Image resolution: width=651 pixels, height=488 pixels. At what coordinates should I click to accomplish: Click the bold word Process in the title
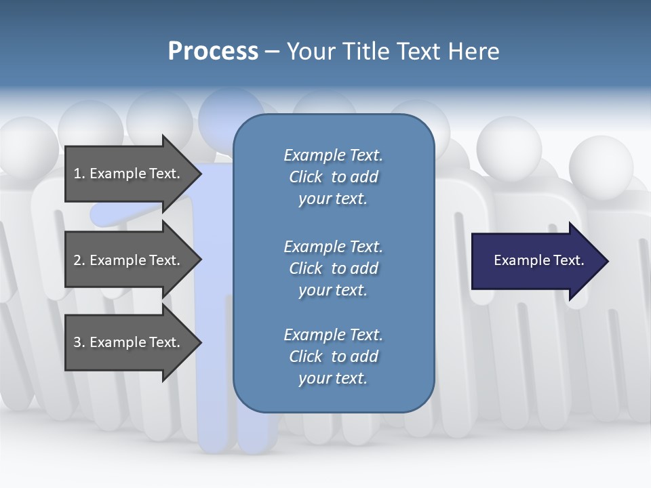[x=213, y=52]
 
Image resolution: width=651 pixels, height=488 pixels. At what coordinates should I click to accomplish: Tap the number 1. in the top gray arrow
[x=79, y=174]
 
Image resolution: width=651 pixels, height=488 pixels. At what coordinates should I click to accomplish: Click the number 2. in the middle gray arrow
[x=79, y=260]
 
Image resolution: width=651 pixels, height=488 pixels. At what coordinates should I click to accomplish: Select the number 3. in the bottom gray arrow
[x=79, y=342]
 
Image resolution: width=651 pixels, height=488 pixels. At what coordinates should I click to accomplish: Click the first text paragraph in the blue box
[x=333, y=177]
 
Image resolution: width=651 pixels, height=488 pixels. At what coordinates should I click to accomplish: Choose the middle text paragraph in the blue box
[x=333, y=268]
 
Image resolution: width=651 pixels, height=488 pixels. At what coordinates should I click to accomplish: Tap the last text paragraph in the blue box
[x=333, y=357]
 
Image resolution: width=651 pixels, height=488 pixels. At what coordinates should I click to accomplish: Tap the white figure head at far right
[x=600, y=166]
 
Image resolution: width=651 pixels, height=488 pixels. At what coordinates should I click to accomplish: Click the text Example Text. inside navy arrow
[x=538, y=260]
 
